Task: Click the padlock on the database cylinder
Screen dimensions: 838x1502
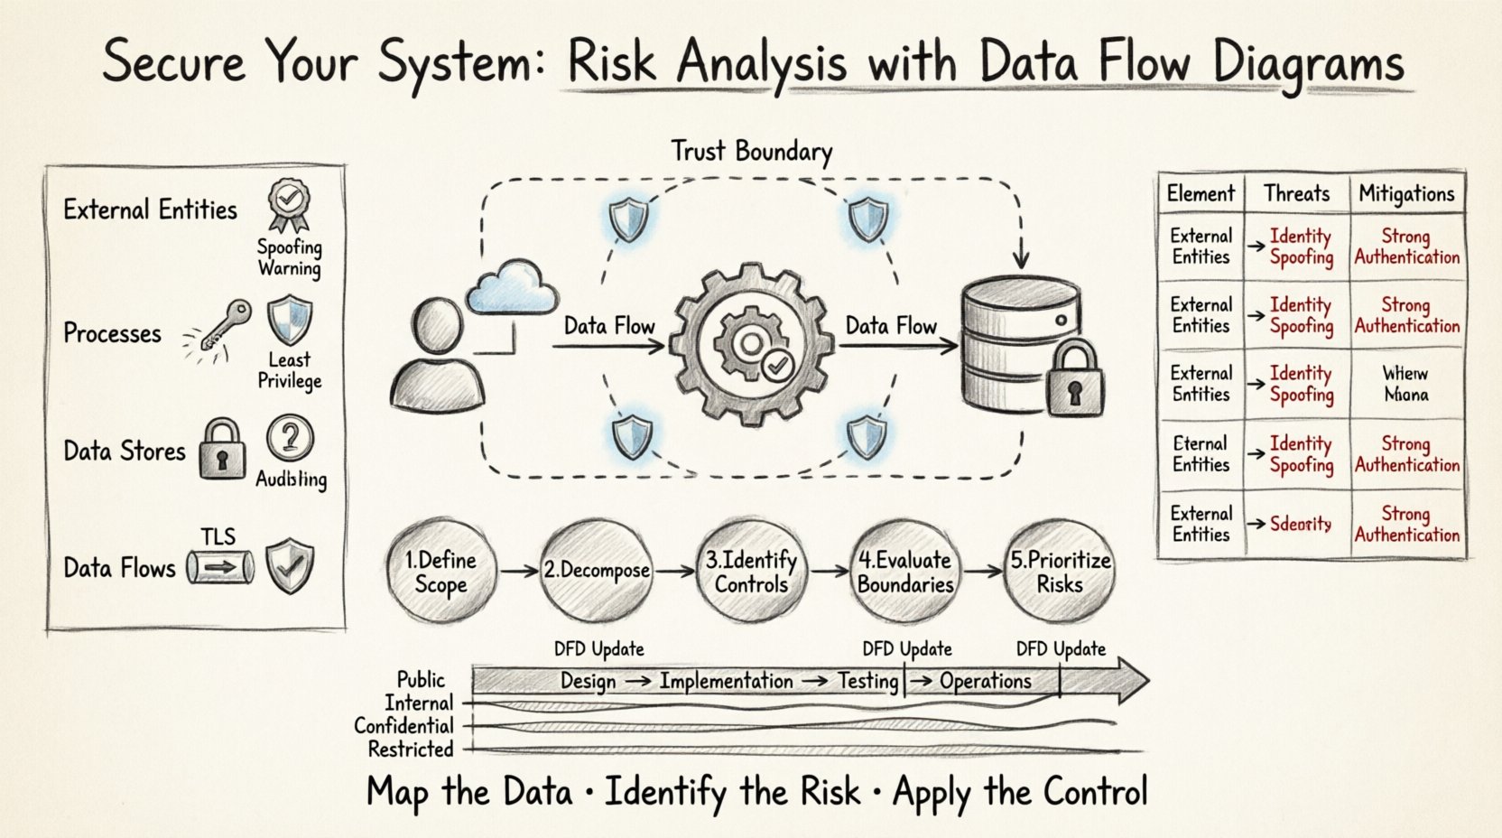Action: pos(1072,378)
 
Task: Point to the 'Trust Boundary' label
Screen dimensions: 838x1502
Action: pos(751,151)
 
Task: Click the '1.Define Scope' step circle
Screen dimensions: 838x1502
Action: pos(440,572)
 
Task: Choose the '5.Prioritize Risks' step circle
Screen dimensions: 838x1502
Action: pos(1060,572)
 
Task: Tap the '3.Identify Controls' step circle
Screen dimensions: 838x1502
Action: pos(751,572)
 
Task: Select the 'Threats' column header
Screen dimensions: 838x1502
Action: pos(1296,193)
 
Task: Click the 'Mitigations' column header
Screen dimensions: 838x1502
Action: pos(1406,193)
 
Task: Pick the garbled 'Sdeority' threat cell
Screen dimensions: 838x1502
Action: pos(1300,524)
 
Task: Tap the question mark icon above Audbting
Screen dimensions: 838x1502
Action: pos(290,440)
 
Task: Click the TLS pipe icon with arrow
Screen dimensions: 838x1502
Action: pos(220,568)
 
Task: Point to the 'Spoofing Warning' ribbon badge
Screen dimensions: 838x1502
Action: pos(288,205)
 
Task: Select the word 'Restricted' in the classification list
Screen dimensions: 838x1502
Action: pos(411,749)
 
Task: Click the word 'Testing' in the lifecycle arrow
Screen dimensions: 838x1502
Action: pos(867,680)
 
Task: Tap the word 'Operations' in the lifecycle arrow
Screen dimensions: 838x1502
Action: pos(985,681)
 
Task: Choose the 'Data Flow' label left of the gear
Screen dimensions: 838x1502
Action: pos(609,326)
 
